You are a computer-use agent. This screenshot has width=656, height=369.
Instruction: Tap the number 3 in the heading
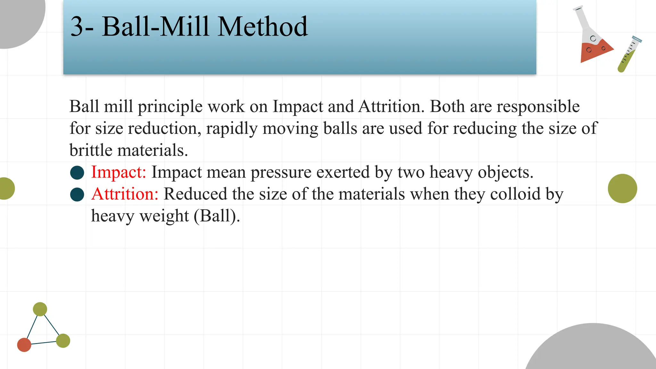tap(77, 27)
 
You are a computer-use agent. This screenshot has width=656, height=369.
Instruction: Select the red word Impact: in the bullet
tap(119, 172)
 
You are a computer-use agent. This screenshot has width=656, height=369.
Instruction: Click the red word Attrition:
tap(125, 194)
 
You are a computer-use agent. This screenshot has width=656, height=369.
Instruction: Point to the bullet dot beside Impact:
tap(77, 172)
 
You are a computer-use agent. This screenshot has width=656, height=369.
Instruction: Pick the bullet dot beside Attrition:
tap(77, 194)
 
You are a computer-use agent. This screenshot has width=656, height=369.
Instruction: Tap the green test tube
tap(628, 54)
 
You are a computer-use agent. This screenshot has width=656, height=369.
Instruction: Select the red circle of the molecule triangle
tap(24, 345)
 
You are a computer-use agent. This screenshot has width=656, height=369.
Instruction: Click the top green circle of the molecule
tap(40, 309)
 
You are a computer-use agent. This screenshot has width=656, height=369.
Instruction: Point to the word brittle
tap(90, 150)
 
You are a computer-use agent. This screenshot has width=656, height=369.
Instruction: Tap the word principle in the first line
tap(170, 107)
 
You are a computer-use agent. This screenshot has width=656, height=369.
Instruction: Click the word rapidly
tap(232, 128)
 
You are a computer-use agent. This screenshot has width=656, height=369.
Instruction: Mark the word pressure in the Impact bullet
tap(281, 172)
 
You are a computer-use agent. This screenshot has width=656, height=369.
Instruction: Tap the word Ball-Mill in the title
tap(155, 27)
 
